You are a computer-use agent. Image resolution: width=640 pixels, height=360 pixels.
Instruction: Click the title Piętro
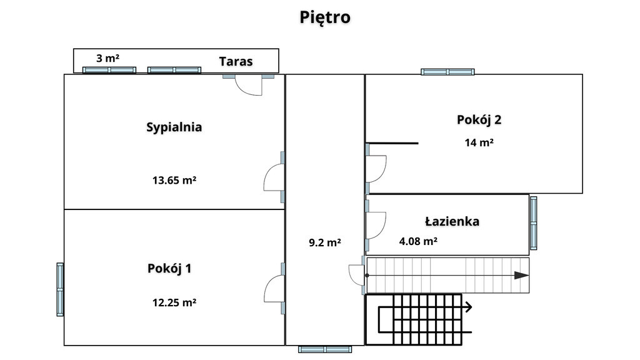pos(325,17)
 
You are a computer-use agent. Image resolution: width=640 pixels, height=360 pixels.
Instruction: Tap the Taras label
pos(236,62)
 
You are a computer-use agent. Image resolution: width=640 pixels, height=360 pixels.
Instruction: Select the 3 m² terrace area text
pos(107,58)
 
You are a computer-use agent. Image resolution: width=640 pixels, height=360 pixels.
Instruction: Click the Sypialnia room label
pos(174,127)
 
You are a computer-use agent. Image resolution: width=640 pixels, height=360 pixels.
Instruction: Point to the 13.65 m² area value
pos(174,180)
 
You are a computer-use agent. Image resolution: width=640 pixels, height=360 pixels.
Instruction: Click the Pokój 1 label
pos(169,269)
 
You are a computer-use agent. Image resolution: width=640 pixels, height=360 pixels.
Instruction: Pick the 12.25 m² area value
pos(174,302)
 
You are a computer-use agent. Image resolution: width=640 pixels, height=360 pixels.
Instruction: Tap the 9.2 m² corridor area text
pos(325,242)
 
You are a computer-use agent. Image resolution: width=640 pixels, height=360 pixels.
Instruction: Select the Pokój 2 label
pos(479,120)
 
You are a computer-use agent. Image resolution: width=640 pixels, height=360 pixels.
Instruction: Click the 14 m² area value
pos(479,142)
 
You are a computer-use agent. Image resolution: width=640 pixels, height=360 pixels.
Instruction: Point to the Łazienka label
pos(452,222)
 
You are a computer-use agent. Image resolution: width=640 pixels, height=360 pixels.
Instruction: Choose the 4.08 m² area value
pos(418,241)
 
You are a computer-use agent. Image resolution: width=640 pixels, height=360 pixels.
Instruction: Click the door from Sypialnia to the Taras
pos(248,85)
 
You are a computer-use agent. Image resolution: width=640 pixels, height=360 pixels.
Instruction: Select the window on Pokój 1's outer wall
pos(60,289)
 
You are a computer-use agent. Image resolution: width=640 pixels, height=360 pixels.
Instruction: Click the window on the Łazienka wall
pos(533,223)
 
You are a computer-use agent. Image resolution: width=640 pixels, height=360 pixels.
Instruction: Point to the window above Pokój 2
pos(447,72)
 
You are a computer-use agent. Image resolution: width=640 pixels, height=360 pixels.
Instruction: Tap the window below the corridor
pos(325,349)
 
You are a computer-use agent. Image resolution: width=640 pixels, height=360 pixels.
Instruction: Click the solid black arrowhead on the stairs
pos(521,276)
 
